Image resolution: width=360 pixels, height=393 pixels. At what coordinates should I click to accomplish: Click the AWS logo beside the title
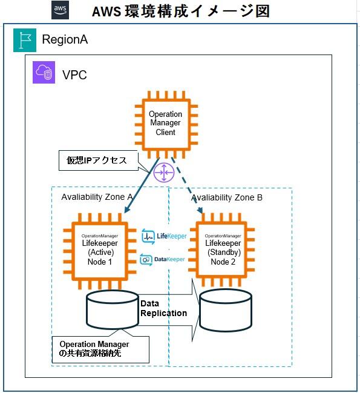61,10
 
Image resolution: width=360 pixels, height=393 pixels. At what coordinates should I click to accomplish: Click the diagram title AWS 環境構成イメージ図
180,11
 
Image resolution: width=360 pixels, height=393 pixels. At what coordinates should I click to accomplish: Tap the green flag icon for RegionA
24,39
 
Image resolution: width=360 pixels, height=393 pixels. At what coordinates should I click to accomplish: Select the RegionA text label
65,40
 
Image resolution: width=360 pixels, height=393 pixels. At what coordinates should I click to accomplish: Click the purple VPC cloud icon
44,73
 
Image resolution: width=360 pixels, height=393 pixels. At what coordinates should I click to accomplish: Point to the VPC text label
74,75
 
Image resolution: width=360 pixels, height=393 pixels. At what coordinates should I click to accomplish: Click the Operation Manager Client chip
165,124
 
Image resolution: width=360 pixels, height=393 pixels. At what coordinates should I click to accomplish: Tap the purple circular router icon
164,172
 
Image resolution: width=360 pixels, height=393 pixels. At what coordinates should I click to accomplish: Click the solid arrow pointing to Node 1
141,188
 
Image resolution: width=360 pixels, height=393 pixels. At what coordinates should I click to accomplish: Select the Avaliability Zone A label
97,197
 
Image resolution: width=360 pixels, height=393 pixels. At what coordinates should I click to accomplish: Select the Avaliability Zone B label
226,198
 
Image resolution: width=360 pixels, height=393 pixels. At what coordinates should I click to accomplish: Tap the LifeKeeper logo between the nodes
155,236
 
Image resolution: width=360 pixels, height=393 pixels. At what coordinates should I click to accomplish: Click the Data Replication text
163,308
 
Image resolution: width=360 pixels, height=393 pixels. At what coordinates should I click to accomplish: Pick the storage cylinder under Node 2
226,309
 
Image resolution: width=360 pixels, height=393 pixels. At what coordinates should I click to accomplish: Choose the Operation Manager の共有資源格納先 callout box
100,349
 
